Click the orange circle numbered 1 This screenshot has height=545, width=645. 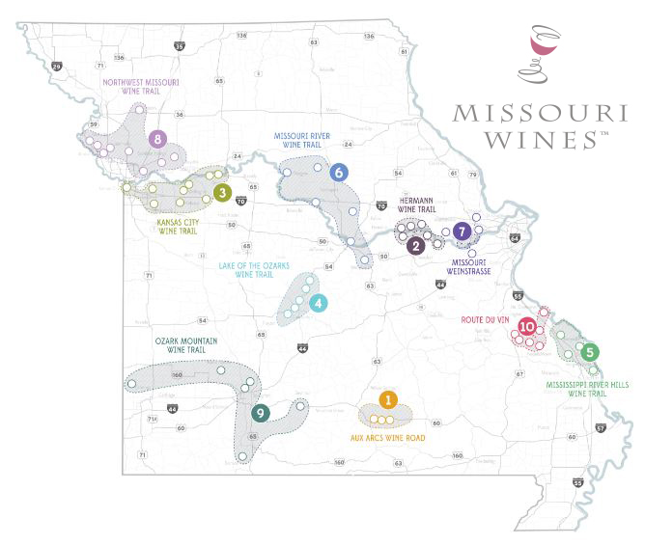[x=388, y=399]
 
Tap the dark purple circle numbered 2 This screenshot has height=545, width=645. [x=416, y=246]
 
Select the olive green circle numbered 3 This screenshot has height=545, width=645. [x=222, y=193]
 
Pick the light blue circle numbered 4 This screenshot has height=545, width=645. [x=319, y=303]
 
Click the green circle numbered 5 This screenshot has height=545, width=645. [x=591, y=353]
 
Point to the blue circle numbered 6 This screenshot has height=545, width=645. [x=338, y=173]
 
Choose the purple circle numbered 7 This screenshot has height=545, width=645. [x=463, y=232]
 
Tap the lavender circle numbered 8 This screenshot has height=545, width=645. [x=157, y=139]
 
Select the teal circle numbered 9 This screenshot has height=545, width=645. [x=260, y=413]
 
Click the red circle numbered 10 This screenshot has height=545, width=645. [x=527, y=327]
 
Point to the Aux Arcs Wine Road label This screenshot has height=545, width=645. [x=387, y=437]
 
